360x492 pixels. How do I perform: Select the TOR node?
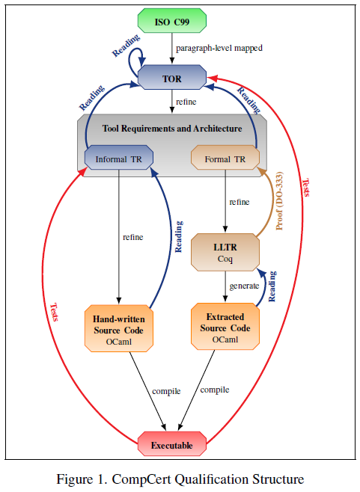(172, 77)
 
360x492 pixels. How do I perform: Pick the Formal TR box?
(225, 159)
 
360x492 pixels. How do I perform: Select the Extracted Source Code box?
(225, 324)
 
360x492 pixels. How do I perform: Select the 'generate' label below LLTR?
(244, 286)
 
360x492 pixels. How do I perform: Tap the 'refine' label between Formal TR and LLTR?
(240, 202)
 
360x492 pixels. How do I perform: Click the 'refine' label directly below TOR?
(186, 101)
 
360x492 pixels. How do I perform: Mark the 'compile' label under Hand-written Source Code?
(166, 390)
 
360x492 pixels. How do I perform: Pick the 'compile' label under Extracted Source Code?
(215, 389)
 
